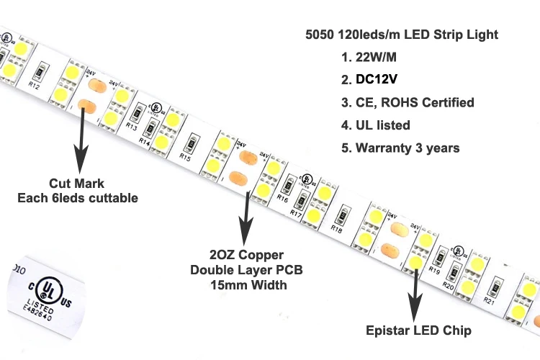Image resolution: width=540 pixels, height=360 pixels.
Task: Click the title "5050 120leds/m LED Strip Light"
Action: (401, 35)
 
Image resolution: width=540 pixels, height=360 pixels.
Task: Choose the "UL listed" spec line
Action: (382, 125)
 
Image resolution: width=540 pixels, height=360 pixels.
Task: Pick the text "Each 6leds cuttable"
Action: (78, 197)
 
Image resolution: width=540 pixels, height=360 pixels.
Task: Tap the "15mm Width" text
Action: (248, 285)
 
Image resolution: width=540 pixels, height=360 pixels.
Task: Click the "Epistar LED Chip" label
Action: (418, 330)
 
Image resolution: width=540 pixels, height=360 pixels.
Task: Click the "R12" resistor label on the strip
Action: (34, 87)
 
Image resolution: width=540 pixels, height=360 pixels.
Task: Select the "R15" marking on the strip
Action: (185, 156)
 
